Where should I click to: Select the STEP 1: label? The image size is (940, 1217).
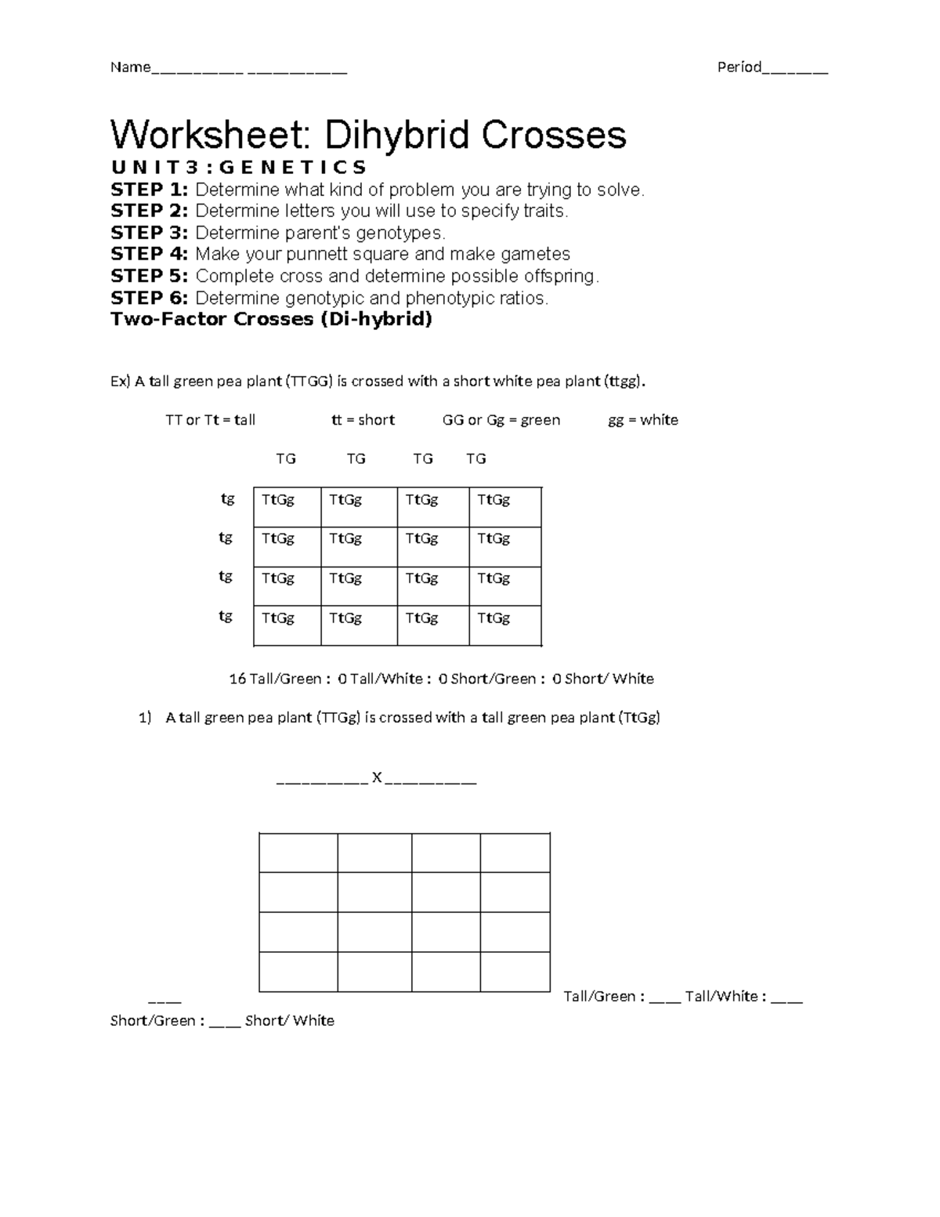point(149,190)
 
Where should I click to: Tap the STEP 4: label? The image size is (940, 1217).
point(149,254)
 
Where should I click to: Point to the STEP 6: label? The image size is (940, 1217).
point(149,298)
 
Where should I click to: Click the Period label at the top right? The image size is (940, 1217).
point(739,67)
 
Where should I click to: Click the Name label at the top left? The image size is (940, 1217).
point(130,67)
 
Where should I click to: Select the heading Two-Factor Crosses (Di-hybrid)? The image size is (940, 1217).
point(271,319)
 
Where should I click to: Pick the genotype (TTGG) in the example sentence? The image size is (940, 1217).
point(309,382)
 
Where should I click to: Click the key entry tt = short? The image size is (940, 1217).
point(363,420)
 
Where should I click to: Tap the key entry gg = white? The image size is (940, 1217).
point(643,420)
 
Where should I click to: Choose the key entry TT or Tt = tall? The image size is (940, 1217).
point(210,420)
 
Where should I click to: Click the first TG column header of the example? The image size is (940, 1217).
point(286,458)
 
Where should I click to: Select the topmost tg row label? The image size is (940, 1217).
point(227,498)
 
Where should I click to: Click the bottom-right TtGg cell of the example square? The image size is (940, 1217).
point(494,618)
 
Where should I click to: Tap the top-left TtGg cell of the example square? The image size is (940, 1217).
point(278,500)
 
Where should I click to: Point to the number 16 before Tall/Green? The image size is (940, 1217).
point(237,679)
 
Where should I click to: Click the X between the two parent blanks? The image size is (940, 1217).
point(377,777)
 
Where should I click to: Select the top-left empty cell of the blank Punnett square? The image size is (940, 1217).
point(298,853)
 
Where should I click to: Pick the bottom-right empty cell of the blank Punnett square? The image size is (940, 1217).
point(515,972)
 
